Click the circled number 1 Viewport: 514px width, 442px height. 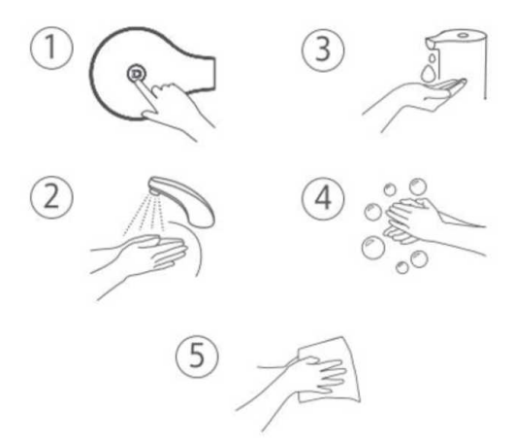pos(51,48)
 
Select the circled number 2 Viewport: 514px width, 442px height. pos(51,197)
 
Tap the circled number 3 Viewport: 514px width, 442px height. pos(323,51)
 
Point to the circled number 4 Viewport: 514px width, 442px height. pos(323,198)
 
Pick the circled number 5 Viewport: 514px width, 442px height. pos(197,357)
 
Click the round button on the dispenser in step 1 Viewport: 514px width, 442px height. pos(137,74)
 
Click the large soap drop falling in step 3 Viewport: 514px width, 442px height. pos(428,73)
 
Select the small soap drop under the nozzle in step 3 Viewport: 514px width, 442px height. pos(433,57)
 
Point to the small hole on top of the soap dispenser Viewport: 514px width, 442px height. pos(463,35)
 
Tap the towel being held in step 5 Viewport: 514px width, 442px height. pos(330,369)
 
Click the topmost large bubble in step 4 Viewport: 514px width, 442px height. pos(418,187)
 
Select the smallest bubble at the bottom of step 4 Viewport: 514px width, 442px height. pos(402,267)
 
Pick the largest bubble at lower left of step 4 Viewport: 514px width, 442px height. pos(373,248)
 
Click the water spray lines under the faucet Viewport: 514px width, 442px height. pos(145,213)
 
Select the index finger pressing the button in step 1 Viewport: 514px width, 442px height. pos(145,92)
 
